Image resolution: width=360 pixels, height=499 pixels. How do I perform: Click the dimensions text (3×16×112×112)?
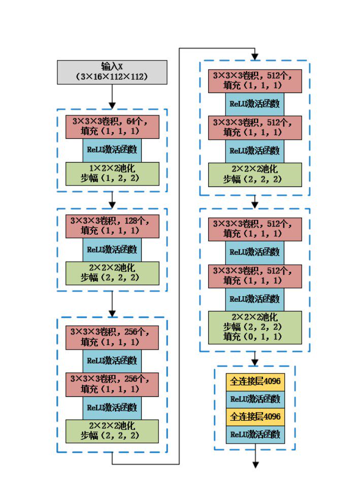pos(112,77)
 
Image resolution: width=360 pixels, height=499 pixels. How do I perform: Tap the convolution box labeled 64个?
pos(112,127)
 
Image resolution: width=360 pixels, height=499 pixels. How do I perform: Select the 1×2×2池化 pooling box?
pos(112,174)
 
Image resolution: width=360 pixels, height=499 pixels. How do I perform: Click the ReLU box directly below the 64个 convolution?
pos(112,150)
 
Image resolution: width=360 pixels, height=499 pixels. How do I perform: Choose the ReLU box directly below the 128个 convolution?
pos(112,249)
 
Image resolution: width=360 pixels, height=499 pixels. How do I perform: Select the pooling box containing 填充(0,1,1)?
pos(255,326)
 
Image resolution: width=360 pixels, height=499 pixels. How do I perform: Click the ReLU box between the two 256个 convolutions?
pos(112,361)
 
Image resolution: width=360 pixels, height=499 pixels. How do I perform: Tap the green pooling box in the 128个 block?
pos(112,273)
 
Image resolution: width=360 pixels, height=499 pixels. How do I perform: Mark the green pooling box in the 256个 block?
pos(112,431)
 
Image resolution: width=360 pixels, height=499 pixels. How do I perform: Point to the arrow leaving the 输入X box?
pos(112,96)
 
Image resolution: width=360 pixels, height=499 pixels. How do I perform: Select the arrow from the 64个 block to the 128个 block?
pos(112,200)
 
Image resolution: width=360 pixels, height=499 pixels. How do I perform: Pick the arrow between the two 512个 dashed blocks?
pos(255,202)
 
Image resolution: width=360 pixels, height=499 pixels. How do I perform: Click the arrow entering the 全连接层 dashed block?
pos(255,359)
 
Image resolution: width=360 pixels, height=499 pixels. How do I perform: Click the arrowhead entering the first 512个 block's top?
pos(255,55)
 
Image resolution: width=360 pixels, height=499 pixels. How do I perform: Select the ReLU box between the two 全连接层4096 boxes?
pos(255,399)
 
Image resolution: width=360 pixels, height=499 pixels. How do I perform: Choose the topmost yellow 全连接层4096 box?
pos(255,381)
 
